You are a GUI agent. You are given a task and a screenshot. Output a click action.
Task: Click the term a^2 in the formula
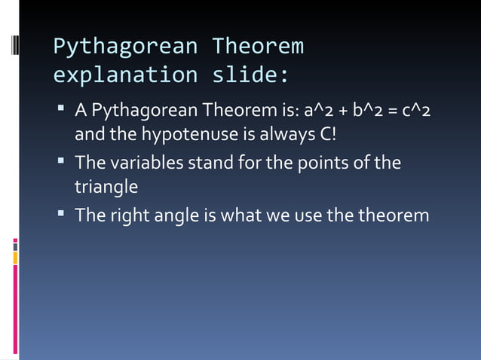pyautogui.click(x=317, y=112)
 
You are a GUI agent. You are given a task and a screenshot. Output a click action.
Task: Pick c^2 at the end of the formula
pyautogui.click(x=416, y=112)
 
